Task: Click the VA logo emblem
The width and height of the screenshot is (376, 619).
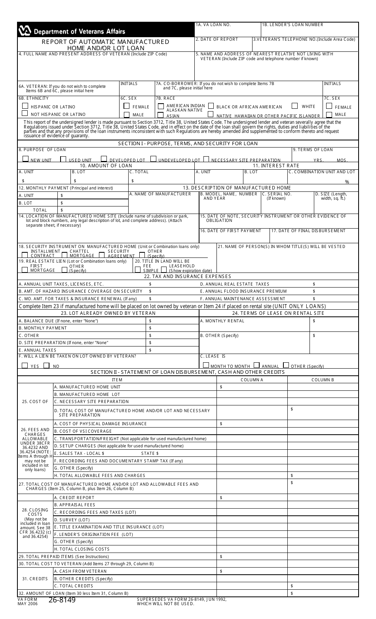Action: (25, 31)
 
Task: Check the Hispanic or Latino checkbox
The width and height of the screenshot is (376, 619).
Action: (25, 106)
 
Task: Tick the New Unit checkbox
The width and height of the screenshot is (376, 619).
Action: (25, 159)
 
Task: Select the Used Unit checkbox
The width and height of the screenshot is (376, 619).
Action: (63, 159)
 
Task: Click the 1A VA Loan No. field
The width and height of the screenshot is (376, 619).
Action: (227, 30)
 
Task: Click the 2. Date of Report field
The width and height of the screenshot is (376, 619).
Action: (223, 44)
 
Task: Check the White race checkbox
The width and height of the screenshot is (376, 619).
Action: (294, 106)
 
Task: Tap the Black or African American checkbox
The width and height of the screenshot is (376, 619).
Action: (211, 106)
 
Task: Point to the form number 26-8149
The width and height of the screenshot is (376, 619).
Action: (62, 600)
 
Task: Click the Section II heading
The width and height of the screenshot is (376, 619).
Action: (188, 372)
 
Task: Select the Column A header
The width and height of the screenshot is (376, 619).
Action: (252, 380)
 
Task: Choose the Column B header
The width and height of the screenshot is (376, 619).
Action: (323, 380)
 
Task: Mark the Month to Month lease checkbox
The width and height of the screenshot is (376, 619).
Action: (206, 365)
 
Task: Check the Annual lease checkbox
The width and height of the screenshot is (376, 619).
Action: (256, 365)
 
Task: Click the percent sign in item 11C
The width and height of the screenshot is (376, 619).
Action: (347, 182)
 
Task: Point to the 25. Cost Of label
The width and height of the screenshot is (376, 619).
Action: (35, 401)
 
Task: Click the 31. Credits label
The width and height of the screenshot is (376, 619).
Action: (35, 579)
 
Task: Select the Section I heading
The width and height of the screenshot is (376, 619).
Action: (188, 144)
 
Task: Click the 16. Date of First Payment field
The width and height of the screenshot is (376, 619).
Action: (234, 237)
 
